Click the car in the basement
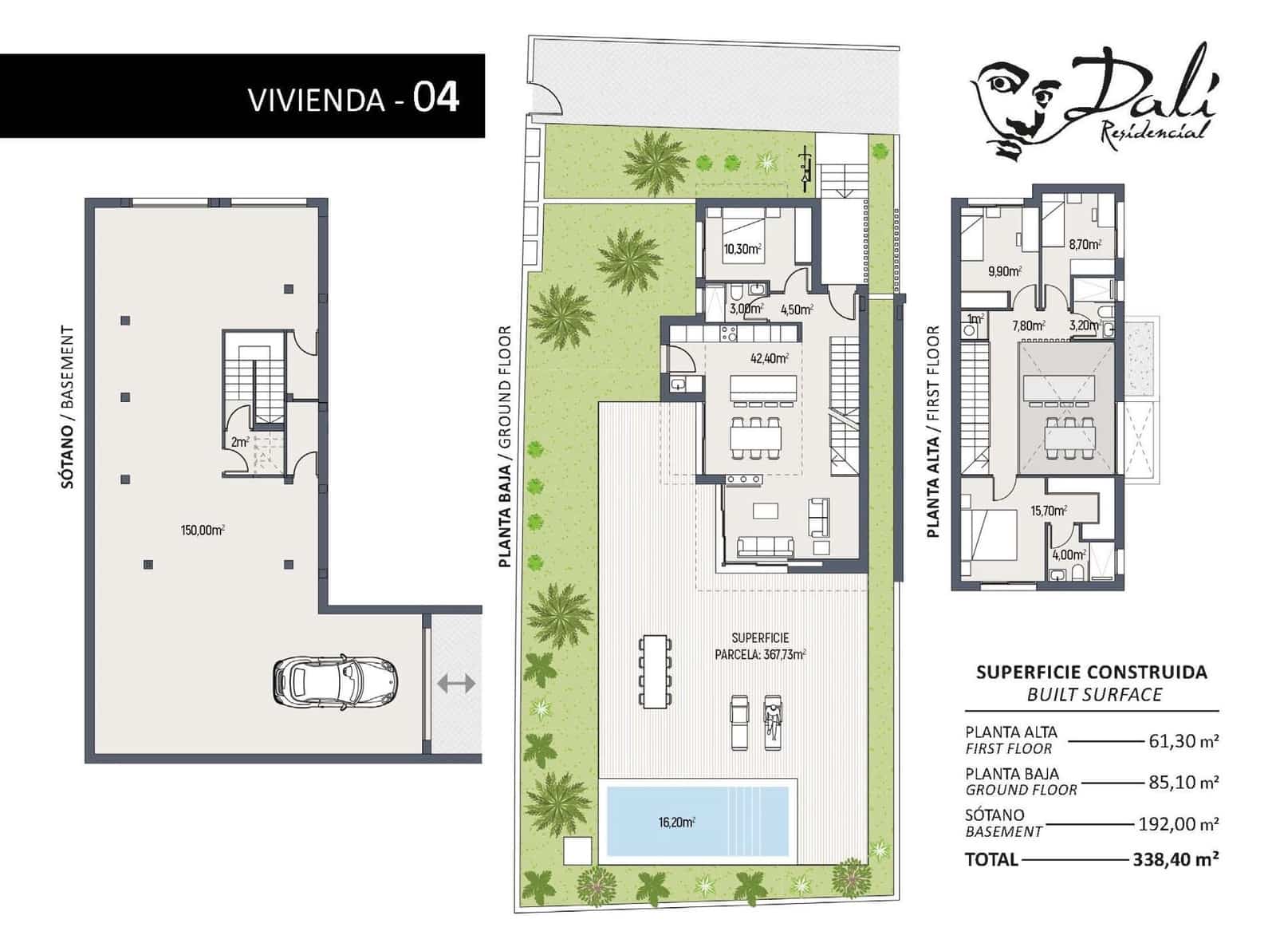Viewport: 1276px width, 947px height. (335, 682)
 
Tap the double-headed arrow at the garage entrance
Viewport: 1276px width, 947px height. (456, 683)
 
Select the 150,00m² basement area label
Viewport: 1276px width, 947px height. (202, 530)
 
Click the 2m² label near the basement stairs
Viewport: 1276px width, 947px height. (239, 441)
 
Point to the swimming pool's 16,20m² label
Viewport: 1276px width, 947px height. (676, 822)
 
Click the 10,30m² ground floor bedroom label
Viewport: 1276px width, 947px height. (742, 249)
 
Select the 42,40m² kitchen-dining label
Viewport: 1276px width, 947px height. (769, 358)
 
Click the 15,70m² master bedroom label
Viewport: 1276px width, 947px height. (1048, 511)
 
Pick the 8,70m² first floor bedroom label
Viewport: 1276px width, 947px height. (1085, 244)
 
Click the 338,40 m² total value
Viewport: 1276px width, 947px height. (1175, 859)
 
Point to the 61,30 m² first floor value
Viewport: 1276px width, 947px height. (1183, 740)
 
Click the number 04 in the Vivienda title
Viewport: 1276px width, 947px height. (435, 97)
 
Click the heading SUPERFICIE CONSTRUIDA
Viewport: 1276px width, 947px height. (1091, 672)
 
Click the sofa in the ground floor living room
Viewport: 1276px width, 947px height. (765, 546)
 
